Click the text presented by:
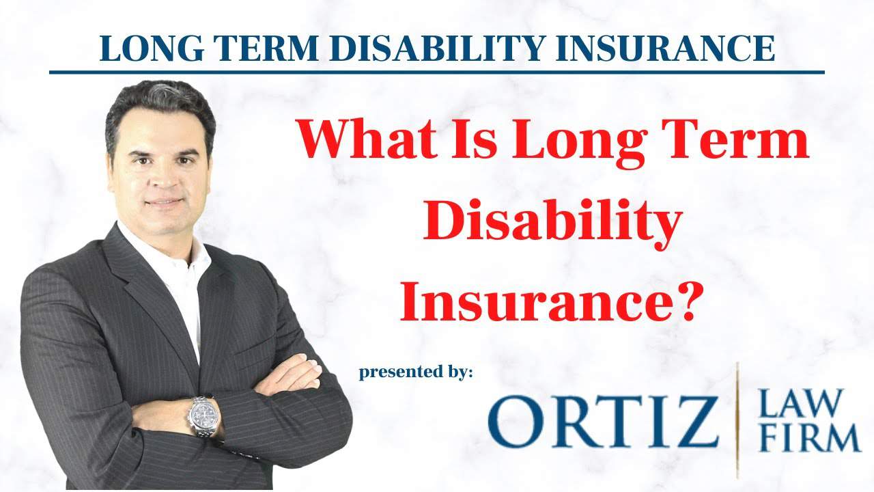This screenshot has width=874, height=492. pyautogui.click(x=416, y=372)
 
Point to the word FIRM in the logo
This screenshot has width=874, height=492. pyautogui.click(x=809, y=437)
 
